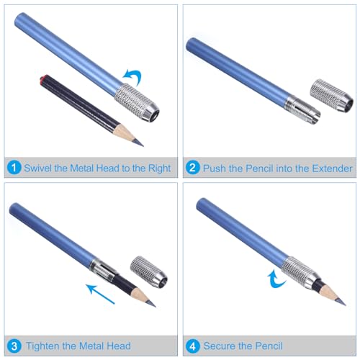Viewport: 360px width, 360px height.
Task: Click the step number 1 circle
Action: tap(14, 168)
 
